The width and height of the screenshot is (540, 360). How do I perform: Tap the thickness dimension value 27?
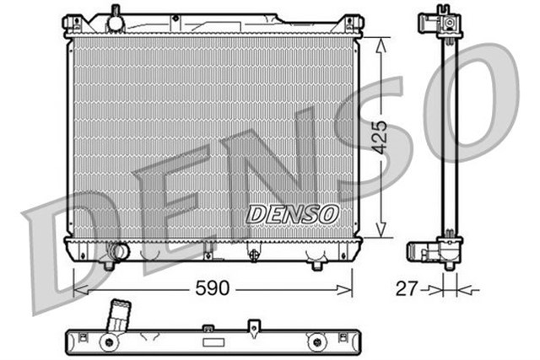tap(408, 289)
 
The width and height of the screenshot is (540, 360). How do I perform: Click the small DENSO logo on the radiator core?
tap(293, 214)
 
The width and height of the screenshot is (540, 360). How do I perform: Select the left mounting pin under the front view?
tap(108, 265)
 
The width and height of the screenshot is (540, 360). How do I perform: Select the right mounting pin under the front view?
tap(317, 265)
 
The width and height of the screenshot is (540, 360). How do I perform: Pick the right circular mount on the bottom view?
tap(317, 341)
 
